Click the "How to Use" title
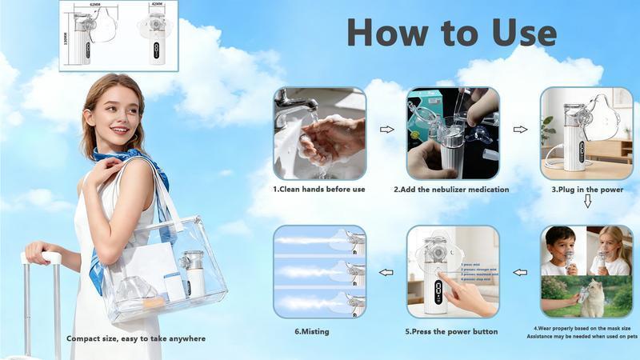pos(451,33)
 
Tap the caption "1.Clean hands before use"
pos(319,190)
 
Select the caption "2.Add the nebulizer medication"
pos(451,190)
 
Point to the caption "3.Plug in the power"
pos(587,190)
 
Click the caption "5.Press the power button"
pos(451,331)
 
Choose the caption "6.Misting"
pos(312,331)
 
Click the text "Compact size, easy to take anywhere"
pos(136,338)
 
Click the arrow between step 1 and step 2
pos(386,129)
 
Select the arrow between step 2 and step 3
pos(520,129)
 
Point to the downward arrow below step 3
pos(587,202)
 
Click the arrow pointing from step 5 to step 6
pos(386,272)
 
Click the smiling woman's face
pos(117,112)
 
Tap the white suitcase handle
pos(42,258)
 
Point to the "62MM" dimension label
pos(95,5)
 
